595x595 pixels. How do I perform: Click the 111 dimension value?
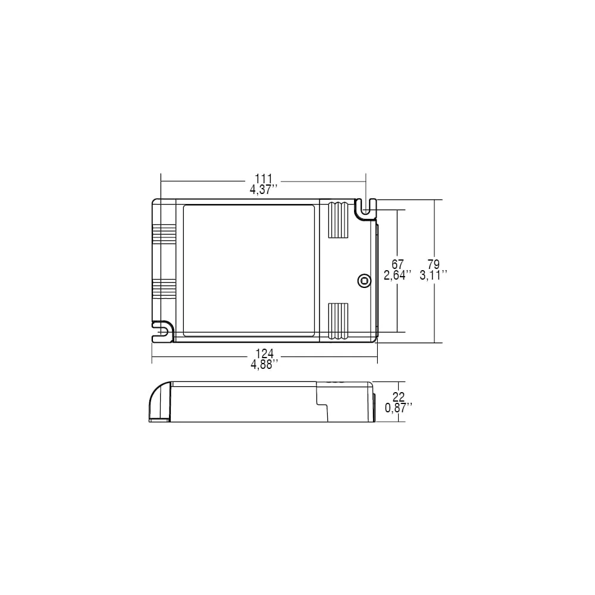tap(264, 178)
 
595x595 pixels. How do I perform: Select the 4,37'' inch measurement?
tap(264, 190)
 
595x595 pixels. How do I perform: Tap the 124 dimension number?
tap(264, 353)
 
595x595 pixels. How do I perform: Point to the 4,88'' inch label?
tap(265, 365)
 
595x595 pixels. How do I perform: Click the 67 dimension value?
tap(397, 264)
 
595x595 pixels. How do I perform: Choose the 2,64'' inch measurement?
tap(397, 275)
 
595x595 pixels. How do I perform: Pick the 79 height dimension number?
tap(433, 264)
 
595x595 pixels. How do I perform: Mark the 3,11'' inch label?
tap(433, 275)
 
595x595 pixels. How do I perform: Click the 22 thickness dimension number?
tap(399, 397)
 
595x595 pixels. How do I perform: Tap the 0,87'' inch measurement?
tap(399, 408)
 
